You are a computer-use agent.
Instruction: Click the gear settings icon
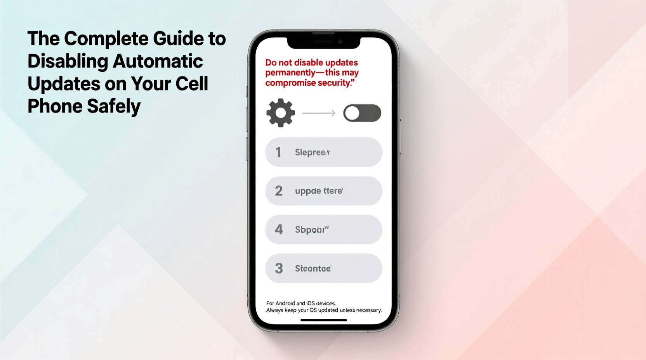click(x=281, y=113)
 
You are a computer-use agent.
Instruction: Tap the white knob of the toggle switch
click(x=353, y=113)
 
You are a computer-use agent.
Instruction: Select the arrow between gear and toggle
click(x=319, y=113)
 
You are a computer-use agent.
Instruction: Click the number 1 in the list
click(x=278, y=152)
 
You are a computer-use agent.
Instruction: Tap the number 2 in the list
click(x=279, y=191)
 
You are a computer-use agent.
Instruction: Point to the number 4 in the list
click(x=279, y=230)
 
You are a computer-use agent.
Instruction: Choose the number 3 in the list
click(x=279, y=268)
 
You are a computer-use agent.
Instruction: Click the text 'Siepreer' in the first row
click(x=312, y=152)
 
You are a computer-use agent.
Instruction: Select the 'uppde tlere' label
click(x=319, y=191)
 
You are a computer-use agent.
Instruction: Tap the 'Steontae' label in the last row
click(x=313, y=268)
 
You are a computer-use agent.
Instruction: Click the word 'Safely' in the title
click(x=114, y=106)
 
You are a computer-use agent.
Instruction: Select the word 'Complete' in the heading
click(x=106, y=39)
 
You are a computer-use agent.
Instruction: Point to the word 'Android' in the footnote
click(x=285, y=303)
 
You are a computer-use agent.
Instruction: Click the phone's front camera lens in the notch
click(x=340, y=42)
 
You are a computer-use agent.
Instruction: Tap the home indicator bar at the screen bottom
click(x=323, y=320)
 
